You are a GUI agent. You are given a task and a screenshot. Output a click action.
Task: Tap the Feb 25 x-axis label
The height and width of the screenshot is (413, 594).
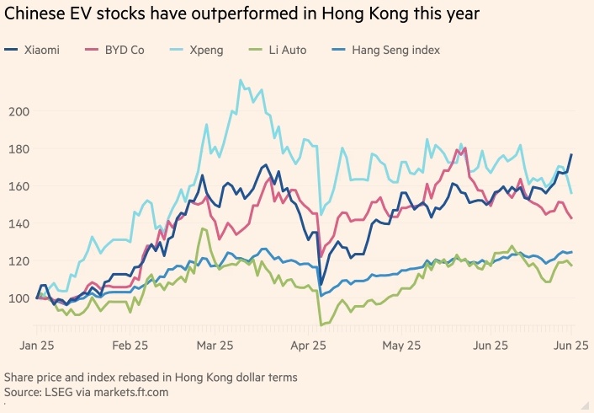(x=130, y=346)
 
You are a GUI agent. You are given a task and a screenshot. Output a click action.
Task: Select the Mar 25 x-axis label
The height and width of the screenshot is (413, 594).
(x=215, y=346)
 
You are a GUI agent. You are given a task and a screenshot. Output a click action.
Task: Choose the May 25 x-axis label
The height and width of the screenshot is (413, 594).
(x=401, y=346)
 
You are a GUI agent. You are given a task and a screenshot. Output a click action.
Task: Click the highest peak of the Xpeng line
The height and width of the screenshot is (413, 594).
(x=241, y=81)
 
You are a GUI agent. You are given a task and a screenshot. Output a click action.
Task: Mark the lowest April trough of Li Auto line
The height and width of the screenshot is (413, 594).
(x=321, y=324)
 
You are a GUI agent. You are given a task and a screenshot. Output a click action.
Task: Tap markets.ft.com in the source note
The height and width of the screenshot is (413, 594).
(x=123, y=392)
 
